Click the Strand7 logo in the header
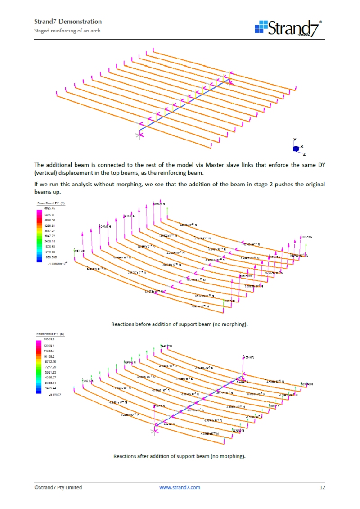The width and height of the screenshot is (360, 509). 288,28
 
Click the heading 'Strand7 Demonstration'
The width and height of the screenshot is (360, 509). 68,22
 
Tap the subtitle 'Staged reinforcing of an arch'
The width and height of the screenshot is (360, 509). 67,31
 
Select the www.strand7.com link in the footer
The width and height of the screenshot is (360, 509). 180,487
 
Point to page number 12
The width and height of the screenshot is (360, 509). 322,487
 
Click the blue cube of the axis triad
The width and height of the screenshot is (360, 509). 296,149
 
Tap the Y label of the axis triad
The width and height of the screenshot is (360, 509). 294,140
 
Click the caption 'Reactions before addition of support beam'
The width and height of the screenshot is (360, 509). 180,324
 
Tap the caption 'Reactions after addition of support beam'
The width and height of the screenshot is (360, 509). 180,456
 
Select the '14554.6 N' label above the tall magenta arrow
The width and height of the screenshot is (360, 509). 249,358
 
